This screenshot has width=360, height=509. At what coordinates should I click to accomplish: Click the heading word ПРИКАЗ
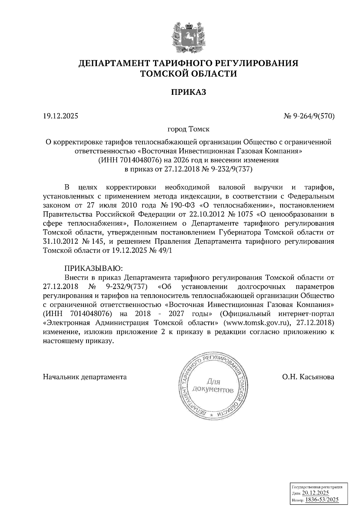(x=189, y=92)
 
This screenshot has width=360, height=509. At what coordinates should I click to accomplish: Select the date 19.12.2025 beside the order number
(x=60, y=115)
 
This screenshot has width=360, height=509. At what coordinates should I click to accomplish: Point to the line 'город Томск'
(x=188, y=129)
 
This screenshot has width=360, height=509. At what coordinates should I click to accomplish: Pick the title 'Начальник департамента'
(x=85, y=377)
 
